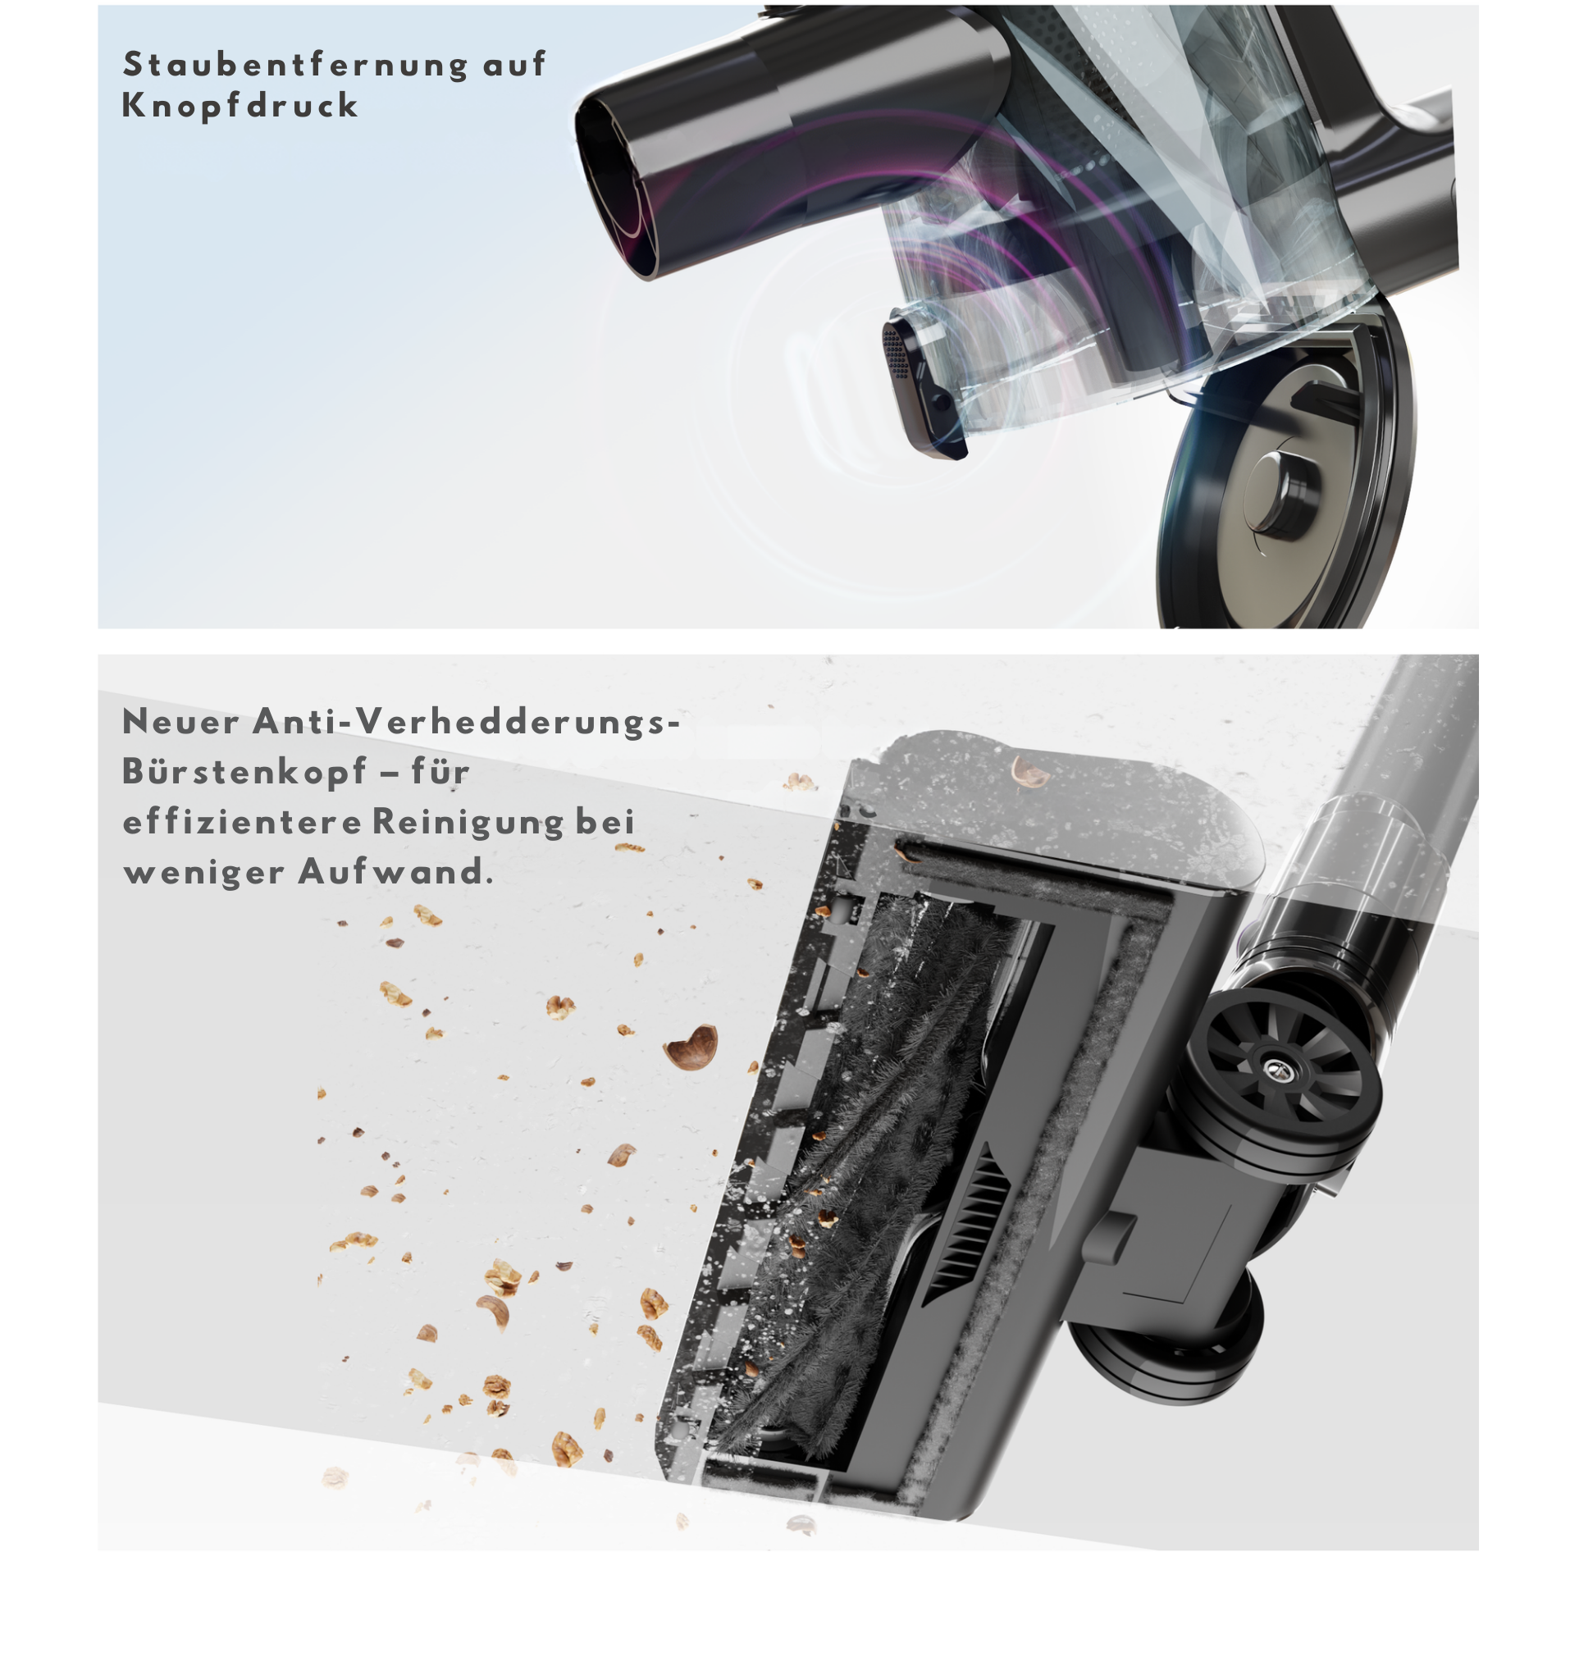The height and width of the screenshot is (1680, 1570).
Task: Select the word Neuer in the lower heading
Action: click(x=180, y=722)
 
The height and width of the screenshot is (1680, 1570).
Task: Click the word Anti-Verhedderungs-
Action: click(x=467, y=724)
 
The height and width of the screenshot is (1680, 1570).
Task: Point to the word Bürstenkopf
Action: click(x=245, y=773)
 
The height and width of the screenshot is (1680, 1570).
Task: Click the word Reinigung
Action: click(x=468, y=822)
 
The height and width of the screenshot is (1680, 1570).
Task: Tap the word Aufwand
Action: click(x=395, y=871)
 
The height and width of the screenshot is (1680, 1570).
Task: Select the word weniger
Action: click(x=203, y=874)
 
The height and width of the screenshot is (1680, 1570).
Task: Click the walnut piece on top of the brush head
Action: click(x=1029, y=768)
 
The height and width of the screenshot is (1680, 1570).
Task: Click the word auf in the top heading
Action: click(x=513, y=65)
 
